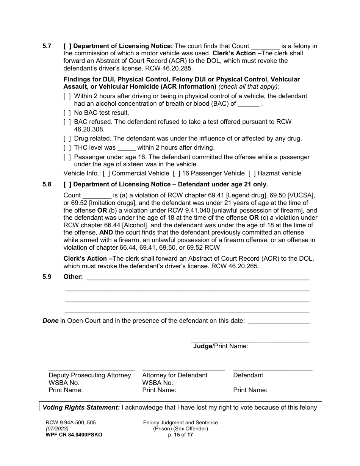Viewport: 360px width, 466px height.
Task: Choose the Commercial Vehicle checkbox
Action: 106,174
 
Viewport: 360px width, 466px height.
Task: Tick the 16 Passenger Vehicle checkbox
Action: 177,174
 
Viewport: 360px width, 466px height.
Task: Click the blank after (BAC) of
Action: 249,104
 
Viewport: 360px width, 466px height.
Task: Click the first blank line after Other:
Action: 198,277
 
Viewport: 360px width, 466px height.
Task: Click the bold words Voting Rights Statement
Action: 81,407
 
